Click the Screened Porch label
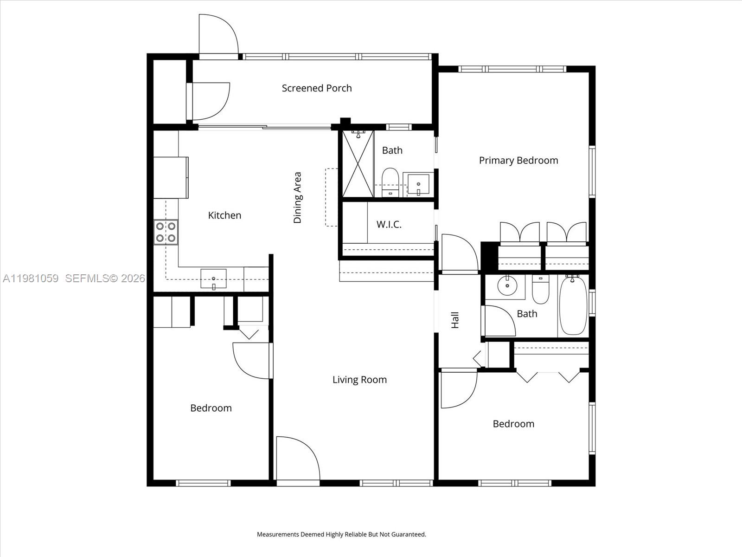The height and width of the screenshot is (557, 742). [317, 88]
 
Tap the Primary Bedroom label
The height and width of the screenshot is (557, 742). [518, 161]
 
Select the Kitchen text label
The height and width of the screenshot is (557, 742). [224, 215]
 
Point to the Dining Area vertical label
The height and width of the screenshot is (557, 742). [297, 198]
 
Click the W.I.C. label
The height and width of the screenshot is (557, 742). [389, 225]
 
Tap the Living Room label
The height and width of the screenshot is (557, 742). [359, 380]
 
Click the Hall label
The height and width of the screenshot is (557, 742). [455, 320]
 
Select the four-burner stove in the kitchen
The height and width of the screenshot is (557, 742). [166, 232]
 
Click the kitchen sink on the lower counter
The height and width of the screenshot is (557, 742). [213, 278]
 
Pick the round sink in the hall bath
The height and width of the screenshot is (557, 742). [507, 285]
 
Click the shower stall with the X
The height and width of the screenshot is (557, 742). [358, 164]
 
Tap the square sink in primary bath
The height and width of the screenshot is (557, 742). [418, 184]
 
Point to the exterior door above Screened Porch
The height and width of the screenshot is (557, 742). [218, 35]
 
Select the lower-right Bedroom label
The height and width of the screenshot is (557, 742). [513, 424]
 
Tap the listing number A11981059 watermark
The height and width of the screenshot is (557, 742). [31, 278]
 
